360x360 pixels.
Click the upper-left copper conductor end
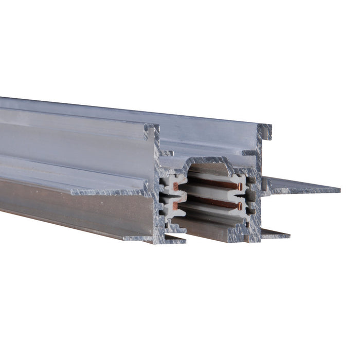175,185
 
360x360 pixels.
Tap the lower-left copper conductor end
175,205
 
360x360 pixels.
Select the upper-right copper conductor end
240,186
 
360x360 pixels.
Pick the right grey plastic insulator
245,195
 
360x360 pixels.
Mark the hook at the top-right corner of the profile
266,132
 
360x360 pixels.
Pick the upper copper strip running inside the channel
211,182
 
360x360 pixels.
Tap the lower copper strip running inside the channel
211,202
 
